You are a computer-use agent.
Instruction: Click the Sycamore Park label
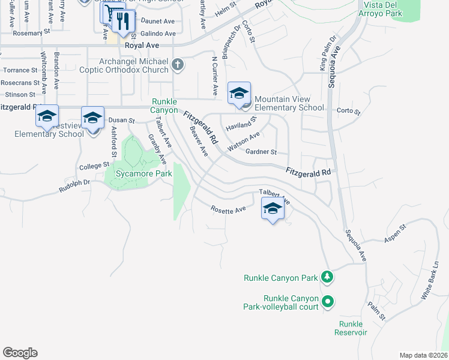138,174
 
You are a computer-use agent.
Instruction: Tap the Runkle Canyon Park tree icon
327,277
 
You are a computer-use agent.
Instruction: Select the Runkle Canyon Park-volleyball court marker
327,301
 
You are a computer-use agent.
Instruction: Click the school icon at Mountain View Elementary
239,94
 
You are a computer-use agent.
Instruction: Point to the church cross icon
178,64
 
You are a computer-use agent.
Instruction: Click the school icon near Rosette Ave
273,209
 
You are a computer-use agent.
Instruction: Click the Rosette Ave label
228,209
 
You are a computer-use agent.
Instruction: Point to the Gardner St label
260,152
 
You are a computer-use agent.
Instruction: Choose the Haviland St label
241,124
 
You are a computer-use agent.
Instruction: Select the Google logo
20,353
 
